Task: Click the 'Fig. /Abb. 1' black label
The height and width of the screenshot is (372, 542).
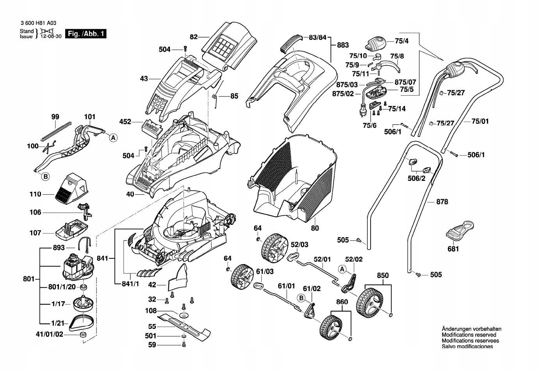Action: [x=86, y=34]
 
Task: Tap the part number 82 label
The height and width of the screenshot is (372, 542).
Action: [x=194, y=37]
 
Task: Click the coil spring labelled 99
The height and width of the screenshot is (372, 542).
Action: [x=56, y=131]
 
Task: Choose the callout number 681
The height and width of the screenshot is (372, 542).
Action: [x=453, y=249]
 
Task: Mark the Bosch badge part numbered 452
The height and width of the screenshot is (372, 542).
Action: [x=151, y=128]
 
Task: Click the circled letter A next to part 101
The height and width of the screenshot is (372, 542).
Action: [x=113, y=138]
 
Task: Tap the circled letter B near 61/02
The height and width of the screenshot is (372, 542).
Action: [x=301, y=298]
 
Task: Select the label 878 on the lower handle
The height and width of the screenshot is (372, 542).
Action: [x=442, y=202]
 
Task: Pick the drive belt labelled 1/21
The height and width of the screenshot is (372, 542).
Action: [x=82, y=321]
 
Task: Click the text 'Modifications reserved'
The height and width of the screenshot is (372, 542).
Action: [x=469, y=335]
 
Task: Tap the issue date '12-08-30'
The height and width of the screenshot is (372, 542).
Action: [x=51, y=37]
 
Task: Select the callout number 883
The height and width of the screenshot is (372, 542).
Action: [x=342, y=45]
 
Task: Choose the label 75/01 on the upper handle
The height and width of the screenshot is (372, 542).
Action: [x=480, y=121]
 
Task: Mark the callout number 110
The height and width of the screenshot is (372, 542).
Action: [x=35, y=194]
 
